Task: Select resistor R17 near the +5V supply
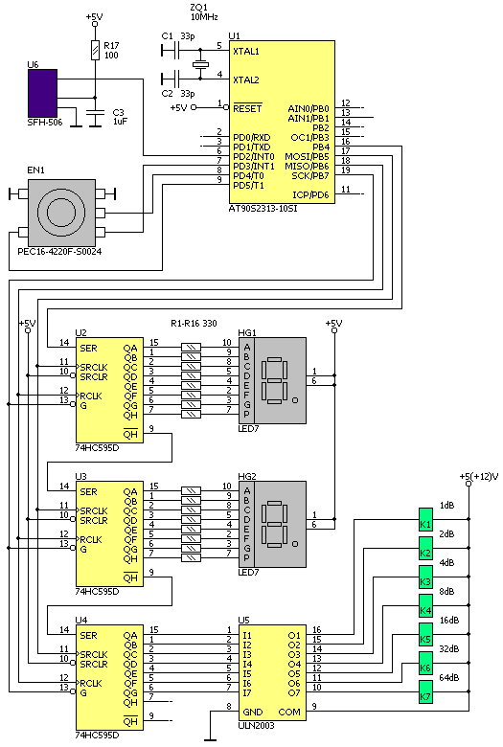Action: (x=96, y=51)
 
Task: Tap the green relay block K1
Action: (x=425, y=520)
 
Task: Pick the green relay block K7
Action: (x=425, y=691)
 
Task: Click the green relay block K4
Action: (x=425, y=606)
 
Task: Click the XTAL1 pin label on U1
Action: (x=245, y=52)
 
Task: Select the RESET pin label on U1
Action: (x=247, y=108)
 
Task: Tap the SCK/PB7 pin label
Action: (x=309, y=176)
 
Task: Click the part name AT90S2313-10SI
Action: (x=263, y=208)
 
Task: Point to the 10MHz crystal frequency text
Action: (x=204, y=17)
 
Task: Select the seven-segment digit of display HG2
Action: (x=274, y=524)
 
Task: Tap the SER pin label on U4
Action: (x=89, y=636)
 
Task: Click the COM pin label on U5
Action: (x=289, y=713)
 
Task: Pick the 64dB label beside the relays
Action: (x=449, y=677)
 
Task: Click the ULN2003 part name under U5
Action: (x=256, y=726)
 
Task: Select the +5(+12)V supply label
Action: (x=479, y=476)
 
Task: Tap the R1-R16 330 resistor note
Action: (x=194, y=324)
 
